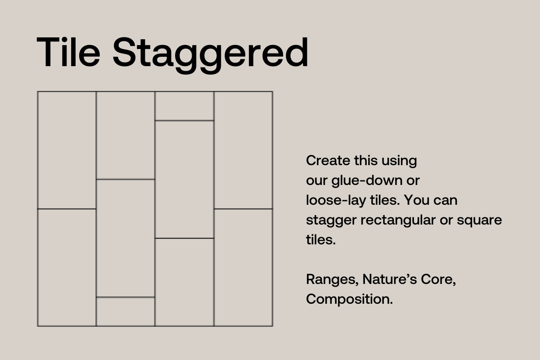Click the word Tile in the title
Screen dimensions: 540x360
pos(68,52)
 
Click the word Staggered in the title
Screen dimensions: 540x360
pos(211,55)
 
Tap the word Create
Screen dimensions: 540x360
pos(328,160)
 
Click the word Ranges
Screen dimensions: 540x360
pos(332,280)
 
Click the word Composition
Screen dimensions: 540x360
pos(350,300)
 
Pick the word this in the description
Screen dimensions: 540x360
pos(366,160)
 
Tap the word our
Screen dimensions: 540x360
pos(317,181)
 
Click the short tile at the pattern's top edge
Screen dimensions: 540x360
pos(184,106)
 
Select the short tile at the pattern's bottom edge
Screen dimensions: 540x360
pos(126,311)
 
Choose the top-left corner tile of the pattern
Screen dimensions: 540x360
pos(67,150)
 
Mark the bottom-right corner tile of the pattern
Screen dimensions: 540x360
pos(243,267)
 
